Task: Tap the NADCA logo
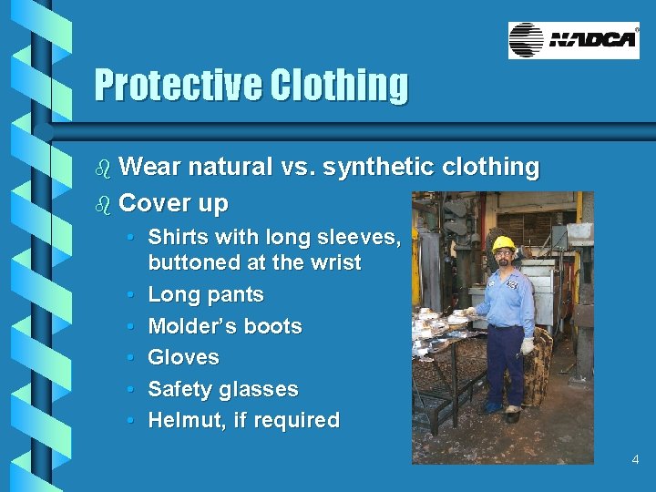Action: click(x=573, y=40)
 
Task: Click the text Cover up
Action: click(x=173, y=202)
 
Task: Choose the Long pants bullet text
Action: click(x=205, y=295)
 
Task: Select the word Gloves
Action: click(x=183, y=357)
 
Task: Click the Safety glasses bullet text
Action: click(x=222, y=389)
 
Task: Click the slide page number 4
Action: click(x=635, y=460)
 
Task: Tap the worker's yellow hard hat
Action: click(x=503, y=243)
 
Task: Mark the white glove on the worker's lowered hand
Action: click(x=527, y=347)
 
